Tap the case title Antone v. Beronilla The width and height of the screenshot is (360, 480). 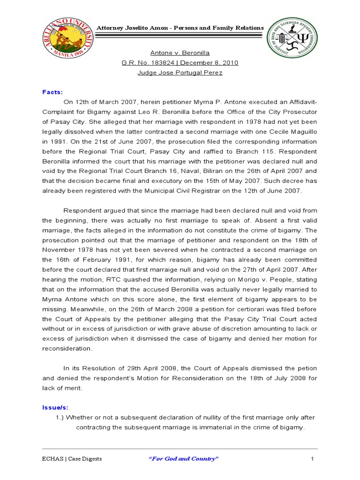coord(180,53)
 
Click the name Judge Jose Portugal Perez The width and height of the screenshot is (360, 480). coord(180,73)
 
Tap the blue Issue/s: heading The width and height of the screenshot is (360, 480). coord(55,408)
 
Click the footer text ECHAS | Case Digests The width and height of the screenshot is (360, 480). coord(72,458)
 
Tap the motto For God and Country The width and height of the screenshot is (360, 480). coord(184,458)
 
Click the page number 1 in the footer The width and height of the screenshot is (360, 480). coord(312,458)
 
